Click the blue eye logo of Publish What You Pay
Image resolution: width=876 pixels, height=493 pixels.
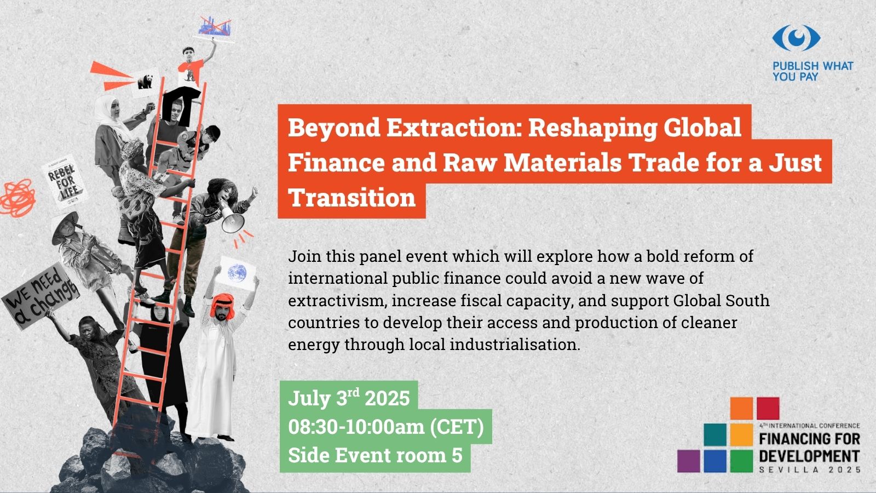pyautogui.click(x=796, y=38)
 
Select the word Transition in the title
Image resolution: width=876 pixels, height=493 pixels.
pyautogui.click(x=351, y=197)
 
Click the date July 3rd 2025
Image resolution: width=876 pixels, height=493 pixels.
pyautogui.click(x=349, y=398)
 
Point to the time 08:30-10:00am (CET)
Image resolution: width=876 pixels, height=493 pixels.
pyautogui.click(x=386, y=427)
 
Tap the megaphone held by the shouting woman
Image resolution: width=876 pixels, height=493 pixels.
pyautogui.click(x=230, y=219)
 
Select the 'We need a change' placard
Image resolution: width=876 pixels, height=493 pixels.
pyautogui.click(x=41, y=295)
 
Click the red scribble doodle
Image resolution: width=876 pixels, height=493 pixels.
pyautogui.click(x=18, y=198)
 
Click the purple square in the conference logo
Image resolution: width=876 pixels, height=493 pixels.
pyautogui.click(x=689, y=461)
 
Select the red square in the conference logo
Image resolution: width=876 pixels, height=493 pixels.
pyautogui.click(x=768, y=409)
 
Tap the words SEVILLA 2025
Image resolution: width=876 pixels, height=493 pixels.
pyautogui.click(x=810, y=469)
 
